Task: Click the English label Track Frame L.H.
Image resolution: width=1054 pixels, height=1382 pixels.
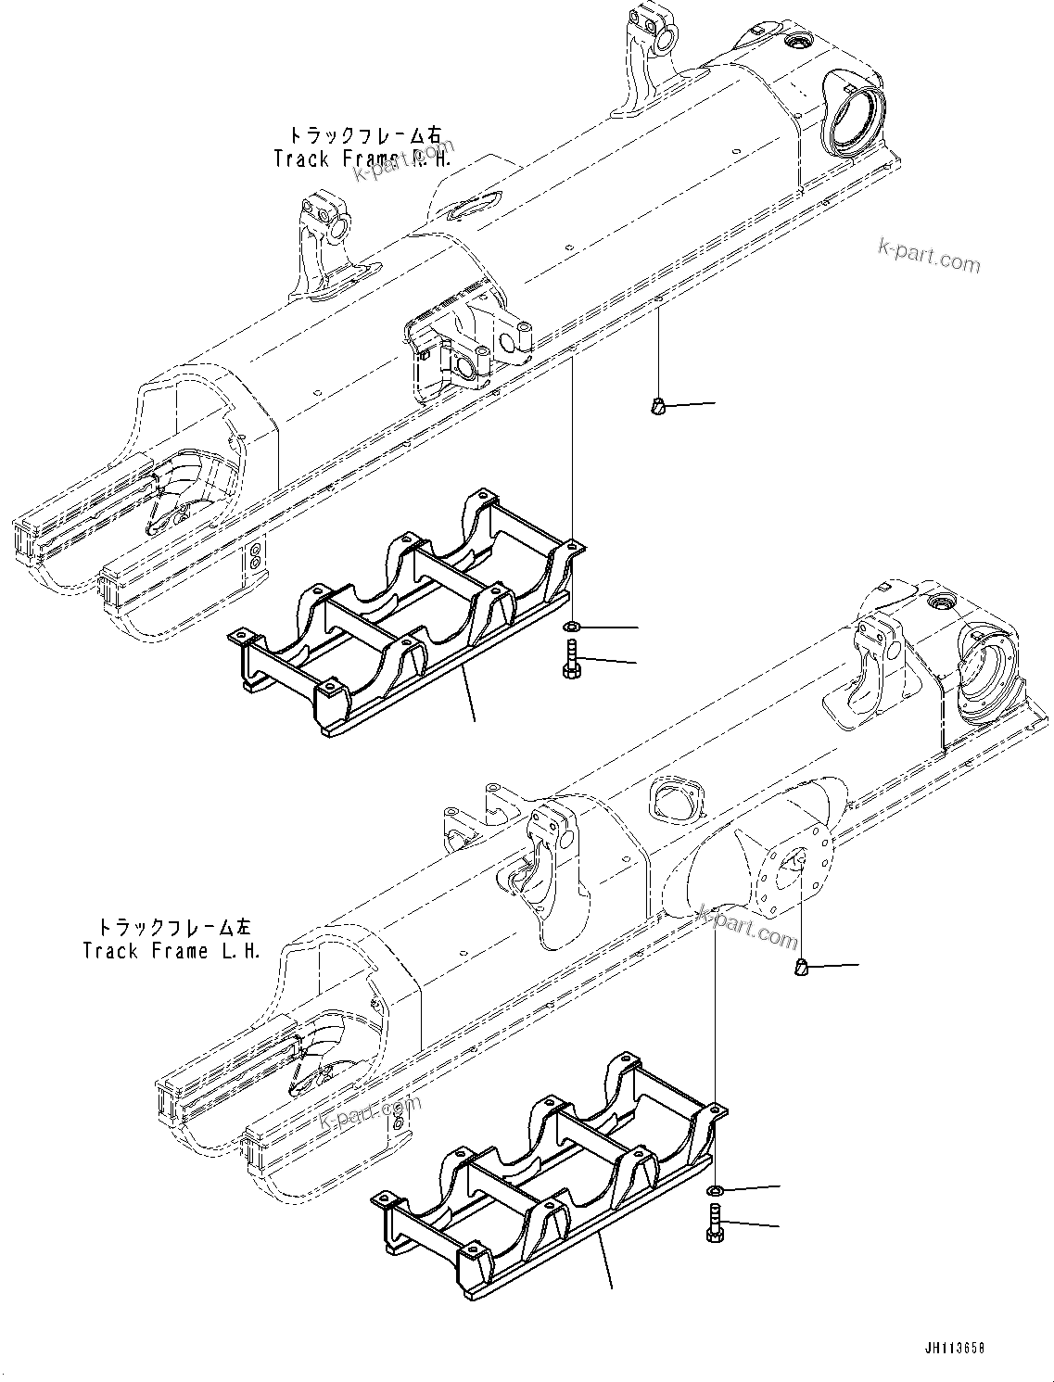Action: [171, 952]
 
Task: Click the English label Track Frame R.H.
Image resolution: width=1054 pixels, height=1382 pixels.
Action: [362, 158]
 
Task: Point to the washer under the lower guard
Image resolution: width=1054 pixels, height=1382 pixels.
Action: [715, 1190]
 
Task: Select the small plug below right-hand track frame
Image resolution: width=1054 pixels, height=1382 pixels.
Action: [656, 404]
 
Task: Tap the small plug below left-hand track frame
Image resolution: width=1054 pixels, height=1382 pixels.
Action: [800, 968]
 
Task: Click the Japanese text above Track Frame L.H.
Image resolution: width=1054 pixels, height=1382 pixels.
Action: [173, 927]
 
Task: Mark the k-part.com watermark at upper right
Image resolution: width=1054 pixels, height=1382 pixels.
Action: [929, 257]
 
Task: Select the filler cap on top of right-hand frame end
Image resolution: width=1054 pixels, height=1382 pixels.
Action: [795, 44]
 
